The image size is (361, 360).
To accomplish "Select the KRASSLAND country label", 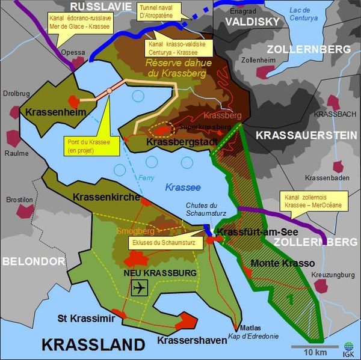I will pyautogui.click(x=93, y=344).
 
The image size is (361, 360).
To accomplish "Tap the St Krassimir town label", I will pyautogui.click(x=85, y=318).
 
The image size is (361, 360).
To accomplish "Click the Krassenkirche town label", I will pyautogui.click(x=106, y=197).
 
